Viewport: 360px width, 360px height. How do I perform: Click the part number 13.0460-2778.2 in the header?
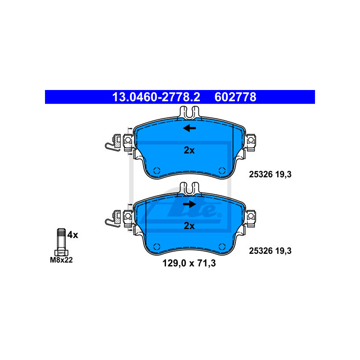(x=156, y=97)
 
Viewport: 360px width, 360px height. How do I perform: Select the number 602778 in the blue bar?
(x=235, y=97)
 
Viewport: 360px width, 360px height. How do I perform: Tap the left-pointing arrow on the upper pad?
(x=189, y=128)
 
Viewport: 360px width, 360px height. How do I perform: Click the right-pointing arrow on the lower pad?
(x=189, y=204)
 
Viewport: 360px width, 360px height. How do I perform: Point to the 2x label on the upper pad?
(x=189, y=150)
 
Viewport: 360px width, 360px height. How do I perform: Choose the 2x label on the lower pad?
(x=189, y=226)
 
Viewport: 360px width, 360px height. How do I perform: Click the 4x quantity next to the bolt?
(x=73, y=235)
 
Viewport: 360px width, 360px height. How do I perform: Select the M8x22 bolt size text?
(x=61, y=260)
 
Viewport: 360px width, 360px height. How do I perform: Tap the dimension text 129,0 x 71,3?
(x=189, y=263)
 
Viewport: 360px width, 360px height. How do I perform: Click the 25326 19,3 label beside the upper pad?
(x=270, y=175)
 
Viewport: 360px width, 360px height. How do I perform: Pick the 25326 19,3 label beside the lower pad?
(x=270, y=251)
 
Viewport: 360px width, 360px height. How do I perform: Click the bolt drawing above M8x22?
(x=61, y=242)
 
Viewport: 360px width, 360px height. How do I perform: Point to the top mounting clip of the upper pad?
(x=189, y=112)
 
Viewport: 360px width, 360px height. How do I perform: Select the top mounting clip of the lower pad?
(x=189, y=189)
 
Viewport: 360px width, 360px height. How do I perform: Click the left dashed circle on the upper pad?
(x=157, y=171)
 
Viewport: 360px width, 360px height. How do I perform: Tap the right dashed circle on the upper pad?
(x=222, y=171)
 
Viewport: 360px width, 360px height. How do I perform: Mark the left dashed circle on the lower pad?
(x=157, y=247)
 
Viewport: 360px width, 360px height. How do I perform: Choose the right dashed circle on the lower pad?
(x=222, y=247)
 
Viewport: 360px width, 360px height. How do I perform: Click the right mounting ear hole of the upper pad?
(x=251, y=139)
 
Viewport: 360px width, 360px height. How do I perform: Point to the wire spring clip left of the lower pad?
(x=112, y=219)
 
